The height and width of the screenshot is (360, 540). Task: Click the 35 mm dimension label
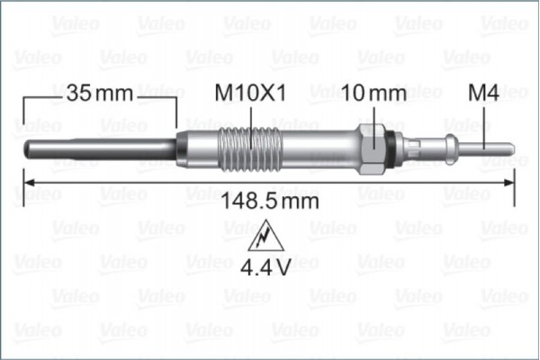pyautogui.click(x=100, y=93)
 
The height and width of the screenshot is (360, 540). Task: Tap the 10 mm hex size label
pyautogui.click(x=374, y=93)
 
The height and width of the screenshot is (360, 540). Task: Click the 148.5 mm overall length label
pyautogui.click(x=270, y=202)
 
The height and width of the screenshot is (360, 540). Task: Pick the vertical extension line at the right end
pyautogui.click(x=515, y=171)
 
